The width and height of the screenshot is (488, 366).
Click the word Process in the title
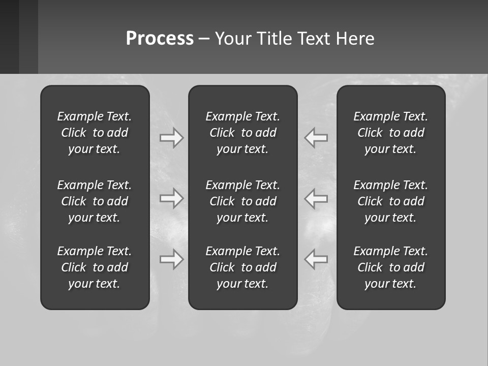pos(160,39)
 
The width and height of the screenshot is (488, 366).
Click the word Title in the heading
pos(273,39)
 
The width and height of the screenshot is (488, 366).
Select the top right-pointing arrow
pos(172,138)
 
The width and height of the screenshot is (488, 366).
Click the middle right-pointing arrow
pos(172,198)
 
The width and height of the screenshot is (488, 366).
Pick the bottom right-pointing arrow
pos(172,259)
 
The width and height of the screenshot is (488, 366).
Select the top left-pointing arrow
pos(316,138)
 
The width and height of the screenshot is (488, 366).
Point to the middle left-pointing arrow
pos(316,198)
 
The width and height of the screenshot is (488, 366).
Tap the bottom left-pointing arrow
pos(316,259)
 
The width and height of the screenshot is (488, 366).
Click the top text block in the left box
pos(95,133)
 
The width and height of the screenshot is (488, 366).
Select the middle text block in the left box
pos(95,201)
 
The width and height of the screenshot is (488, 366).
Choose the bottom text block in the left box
pos(95,267)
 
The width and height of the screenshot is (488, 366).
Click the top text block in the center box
pos(243,133)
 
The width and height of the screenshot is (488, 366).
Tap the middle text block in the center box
pos(243,201)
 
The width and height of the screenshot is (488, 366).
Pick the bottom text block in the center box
pos(243,267)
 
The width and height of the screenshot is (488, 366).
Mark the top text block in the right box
pos(391,133)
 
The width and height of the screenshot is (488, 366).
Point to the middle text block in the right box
pos(391,201)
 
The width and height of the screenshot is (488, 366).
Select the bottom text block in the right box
pos(391,267)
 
